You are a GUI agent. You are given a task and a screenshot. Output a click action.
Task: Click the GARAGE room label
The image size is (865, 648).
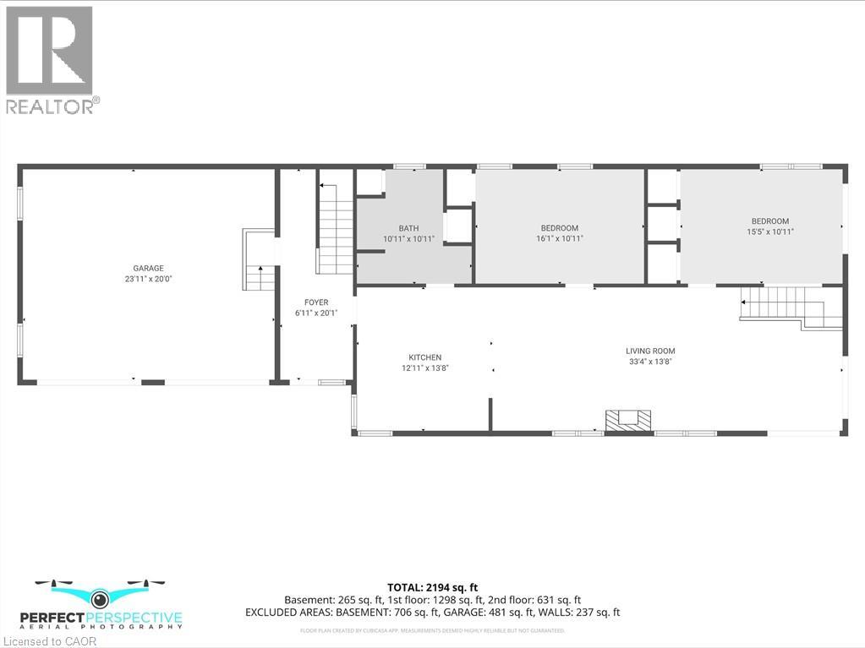click(x=148, y=268)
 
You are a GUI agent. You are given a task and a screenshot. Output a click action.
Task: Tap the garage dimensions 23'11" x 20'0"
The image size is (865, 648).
click(x=148, y=279)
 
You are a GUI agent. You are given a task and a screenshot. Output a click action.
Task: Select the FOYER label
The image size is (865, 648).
click(x=316, y=302)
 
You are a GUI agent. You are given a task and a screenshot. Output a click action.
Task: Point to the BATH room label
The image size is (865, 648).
click(x=408, y=228)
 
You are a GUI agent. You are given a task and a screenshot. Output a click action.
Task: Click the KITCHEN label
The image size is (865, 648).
click(x=424, y=357)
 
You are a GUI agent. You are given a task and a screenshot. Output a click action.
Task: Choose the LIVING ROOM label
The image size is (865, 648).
click(x=650, y=351)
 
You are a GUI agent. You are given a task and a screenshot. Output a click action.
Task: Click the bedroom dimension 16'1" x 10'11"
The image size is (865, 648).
click(x=560, y=238)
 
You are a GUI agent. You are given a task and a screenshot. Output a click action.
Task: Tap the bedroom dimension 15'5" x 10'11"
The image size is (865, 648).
click(x=768, y=231)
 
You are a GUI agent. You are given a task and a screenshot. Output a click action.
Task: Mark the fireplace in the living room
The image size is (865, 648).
click(x=628, y=420)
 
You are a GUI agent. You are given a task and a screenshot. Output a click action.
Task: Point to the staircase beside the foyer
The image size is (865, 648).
click(x=335, y=226)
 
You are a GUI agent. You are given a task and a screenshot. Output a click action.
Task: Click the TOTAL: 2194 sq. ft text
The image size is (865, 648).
click(x=432, y=586)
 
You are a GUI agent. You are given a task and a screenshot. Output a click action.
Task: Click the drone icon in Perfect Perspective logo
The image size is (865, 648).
click(x=101, y=597)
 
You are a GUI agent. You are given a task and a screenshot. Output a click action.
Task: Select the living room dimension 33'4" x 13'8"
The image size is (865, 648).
click(x=650, y=362)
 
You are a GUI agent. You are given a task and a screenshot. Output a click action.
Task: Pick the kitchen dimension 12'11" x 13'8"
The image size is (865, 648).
click(x=424, y=368)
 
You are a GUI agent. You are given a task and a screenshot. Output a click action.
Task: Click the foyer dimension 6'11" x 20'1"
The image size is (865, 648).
click(x=316, y=313)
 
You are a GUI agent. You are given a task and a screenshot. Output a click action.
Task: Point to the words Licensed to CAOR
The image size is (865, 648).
click(x=49, y=640)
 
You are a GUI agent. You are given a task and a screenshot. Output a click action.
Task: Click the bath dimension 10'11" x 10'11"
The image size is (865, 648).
click(x=408, y=239)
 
